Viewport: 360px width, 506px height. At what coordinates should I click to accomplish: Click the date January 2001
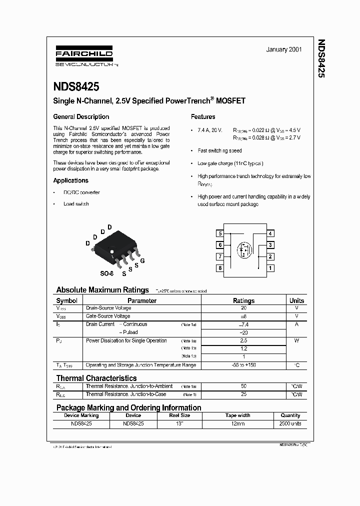(283, 50)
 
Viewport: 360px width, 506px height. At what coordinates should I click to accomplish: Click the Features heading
(203, 117)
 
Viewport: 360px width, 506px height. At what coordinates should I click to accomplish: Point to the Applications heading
(70, 180)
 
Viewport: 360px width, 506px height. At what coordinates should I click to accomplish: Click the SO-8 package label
(106, 274)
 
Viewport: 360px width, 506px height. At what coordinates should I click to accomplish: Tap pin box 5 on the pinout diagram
(219, 233)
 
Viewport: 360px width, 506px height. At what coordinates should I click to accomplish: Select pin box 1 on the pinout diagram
(270, 268)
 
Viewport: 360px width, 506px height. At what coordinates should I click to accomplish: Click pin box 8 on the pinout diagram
(219, 268)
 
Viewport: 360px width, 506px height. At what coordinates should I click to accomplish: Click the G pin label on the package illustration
(142, 261)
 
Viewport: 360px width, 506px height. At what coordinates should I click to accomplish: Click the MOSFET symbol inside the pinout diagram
(244, 250)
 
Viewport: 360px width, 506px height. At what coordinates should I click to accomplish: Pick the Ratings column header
(243, 300)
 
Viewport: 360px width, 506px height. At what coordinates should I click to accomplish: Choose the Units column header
(296, 300)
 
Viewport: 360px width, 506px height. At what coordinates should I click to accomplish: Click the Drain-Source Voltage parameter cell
(108, 308)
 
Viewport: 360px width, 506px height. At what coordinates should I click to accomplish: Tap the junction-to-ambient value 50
(243, 386)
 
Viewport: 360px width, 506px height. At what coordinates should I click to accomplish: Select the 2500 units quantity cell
(290, 423)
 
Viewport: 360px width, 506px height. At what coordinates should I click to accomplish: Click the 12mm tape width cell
(237, 423)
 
